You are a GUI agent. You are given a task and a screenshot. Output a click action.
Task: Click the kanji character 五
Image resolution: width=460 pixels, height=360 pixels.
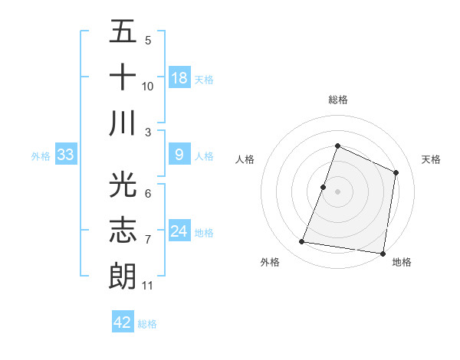click(x=123, y=33)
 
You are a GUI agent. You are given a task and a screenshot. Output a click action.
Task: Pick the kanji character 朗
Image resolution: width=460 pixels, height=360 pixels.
click(x=123, y=274)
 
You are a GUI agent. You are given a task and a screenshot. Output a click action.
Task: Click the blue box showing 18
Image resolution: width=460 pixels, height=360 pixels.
click(x=179, y=78)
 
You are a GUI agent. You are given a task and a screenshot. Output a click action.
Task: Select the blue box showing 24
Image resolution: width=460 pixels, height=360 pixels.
click(x=179, y=232)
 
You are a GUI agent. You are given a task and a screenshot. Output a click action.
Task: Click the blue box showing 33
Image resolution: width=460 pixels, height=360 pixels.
click(x=66, y=155)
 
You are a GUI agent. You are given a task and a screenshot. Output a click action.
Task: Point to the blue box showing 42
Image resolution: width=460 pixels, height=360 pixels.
click(x=123, y=322)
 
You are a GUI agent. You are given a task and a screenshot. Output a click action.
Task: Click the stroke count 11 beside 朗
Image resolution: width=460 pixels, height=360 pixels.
click(x=148, y=286)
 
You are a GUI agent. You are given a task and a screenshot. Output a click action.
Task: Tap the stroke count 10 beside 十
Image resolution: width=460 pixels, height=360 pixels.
click(x=148, y=87)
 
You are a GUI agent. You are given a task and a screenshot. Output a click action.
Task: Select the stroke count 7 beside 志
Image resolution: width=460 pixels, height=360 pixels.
click(x=148, y=241)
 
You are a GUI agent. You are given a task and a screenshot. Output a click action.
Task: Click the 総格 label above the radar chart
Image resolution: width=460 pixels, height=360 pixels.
click(x=337, y=100)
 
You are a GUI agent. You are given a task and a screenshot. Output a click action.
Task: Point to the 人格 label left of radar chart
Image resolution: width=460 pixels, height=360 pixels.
click(x=245, y=159)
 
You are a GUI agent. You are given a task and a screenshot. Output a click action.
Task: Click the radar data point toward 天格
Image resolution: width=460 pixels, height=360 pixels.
click(x=396, y=172)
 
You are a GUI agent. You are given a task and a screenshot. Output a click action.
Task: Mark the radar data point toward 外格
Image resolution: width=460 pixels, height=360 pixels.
click(x=302, y=242)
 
